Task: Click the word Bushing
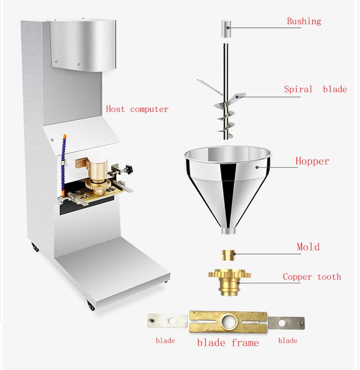304,21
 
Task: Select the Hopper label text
312,161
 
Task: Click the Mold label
308,247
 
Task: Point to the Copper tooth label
312,277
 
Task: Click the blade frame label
228,343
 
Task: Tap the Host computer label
137,109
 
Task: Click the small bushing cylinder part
225,30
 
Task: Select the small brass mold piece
228,254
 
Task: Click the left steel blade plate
167,321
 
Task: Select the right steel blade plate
286,323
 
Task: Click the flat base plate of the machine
112,270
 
